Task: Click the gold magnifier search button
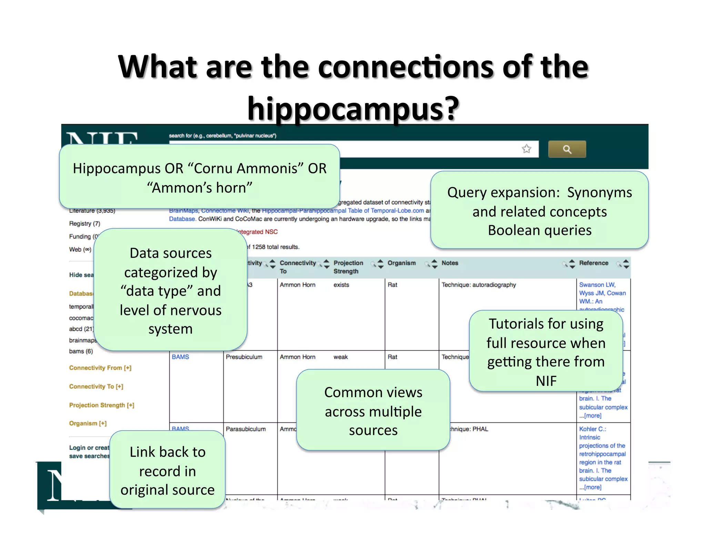pos(567,149)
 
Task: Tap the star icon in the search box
pos(526,149)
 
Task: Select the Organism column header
pos(401,263)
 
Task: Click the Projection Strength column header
pos(348,267)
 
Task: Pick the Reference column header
pos(593,263)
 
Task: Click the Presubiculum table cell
pos(244,357)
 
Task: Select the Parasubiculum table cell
pos(245,429)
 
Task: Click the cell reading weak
pos(340,357)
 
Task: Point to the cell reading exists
pos(341,285)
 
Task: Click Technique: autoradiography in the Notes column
pos(478,285)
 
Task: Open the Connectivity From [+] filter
pos(100,368)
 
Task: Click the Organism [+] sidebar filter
pos(88,423)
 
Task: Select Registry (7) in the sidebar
pos(84,224)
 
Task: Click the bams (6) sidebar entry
pos(81,351)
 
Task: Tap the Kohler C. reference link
pos(592,429)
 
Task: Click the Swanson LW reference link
pos(597,285)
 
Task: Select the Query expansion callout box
pos(539,211)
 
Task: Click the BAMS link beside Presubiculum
pos(180,357)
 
